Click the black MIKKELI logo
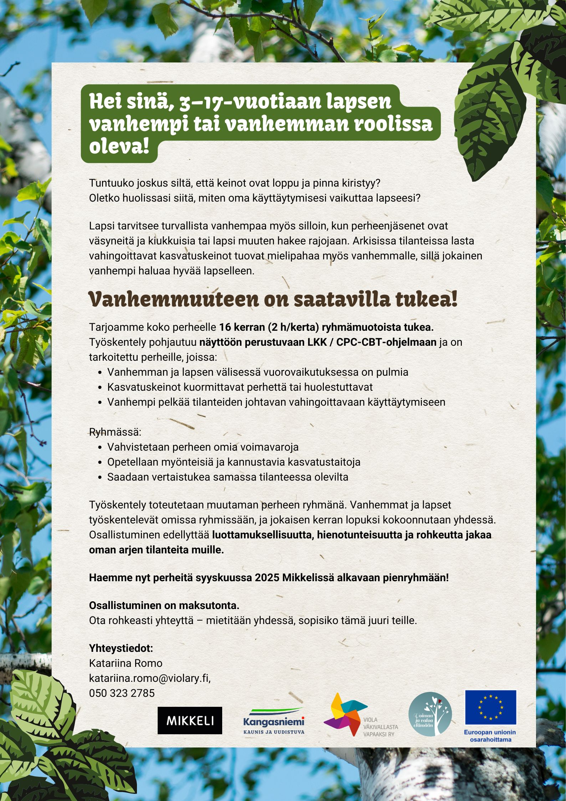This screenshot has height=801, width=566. coord(190,720)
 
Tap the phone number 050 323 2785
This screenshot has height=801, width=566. coord(122,693)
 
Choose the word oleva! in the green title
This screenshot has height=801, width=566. coord(119,147)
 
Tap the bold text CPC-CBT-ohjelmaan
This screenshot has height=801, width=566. coord(386,342)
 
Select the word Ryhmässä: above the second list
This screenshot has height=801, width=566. coord(115,432)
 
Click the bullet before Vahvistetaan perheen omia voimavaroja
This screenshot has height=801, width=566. coord(100,447)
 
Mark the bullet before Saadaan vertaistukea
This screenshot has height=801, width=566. coord(100,477)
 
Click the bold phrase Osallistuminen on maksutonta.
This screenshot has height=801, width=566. coord(164,605)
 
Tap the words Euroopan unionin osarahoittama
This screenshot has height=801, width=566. coord(490,736)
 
